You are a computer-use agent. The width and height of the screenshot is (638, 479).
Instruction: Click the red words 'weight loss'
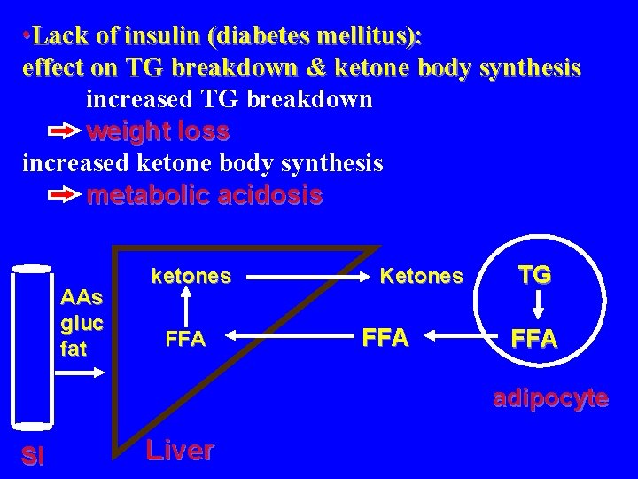coord(159,132)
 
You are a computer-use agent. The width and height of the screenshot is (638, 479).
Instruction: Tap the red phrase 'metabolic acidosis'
coord(205,195)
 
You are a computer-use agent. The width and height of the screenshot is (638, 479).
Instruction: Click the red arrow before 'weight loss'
coord(64,133)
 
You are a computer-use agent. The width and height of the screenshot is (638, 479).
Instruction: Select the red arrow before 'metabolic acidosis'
coord(64,196)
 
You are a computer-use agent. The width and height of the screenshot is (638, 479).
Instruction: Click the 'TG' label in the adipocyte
coord(534,275)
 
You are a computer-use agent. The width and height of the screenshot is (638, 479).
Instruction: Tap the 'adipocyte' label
coord(550,398)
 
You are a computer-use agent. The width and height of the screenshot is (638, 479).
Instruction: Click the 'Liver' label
coord(180,450)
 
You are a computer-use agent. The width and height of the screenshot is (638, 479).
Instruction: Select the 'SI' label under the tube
coord(34,456)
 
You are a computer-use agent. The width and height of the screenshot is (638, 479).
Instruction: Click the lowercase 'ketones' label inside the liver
coord(191,276)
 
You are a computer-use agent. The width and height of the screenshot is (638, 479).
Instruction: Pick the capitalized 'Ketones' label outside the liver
coord(421,276)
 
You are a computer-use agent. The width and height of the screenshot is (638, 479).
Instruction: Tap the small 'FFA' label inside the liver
coord(185,339)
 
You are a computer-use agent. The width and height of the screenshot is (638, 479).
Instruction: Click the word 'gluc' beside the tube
coord(82,322)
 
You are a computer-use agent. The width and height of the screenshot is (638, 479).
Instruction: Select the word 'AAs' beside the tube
coord(82,296)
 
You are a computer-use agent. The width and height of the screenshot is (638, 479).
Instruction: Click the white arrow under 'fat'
coord(86,373)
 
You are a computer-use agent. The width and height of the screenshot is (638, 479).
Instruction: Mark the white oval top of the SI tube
coord(32,267)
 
